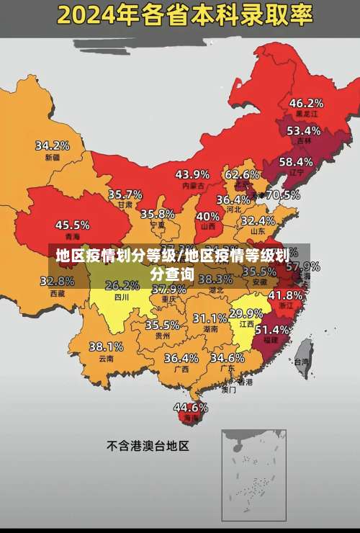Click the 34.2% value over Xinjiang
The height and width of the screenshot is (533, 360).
pos(53,145)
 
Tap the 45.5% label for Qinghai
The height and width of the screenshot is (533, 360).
pos(72,225)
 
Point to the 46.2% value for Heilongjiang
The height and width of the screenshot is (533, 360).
pos(306,102)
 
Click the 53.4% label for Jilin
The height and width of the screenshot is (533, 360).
pos(303,131)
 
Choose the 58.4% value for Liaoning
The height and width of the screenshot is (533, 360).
pos(296,161)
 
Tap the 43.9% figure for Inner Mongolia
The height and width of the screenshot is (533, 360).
pos(192,174)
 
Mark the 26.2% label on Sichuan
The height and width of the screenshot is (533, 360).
pos(122,285)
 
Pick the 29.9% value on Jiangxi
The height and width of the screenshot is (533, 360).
pos(246,313)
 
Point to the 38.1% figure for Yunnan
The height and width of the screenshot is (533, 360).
pos(106,346)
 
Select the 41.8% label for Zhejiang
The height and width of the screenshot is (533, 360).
pos(285,295)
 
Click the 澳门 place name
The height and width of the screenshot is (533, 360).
pos(228,390)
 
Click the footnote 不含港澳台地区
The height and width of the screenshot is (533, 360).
pos(148,446)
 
